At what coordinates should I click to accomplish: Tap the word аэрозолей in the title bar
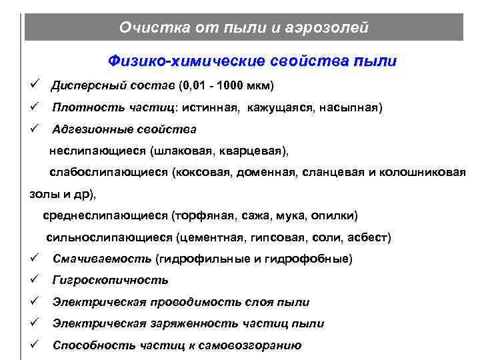(x=329, y=27)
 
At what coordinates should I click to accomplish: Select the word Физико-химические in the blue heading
(x=186, y=61)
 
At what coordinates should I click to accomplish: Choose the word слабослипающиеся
(x=109, y=172)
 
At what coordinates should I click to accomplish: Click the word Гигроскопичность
(x=111, y=280)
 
